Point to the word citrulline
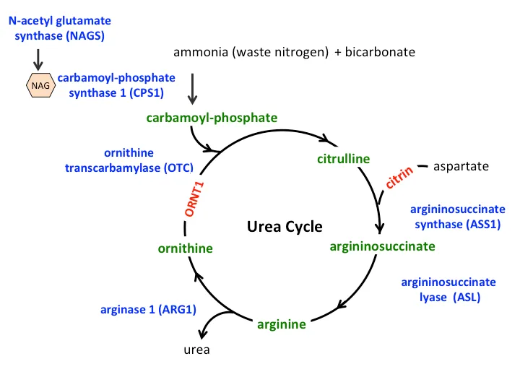pos(343,158)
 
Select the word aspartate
pos(461,167)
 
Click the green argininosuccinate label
pos(382,246)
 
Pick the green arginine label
pos(282,324)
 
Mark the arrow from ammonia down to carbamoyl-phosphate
pos(193,88)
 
